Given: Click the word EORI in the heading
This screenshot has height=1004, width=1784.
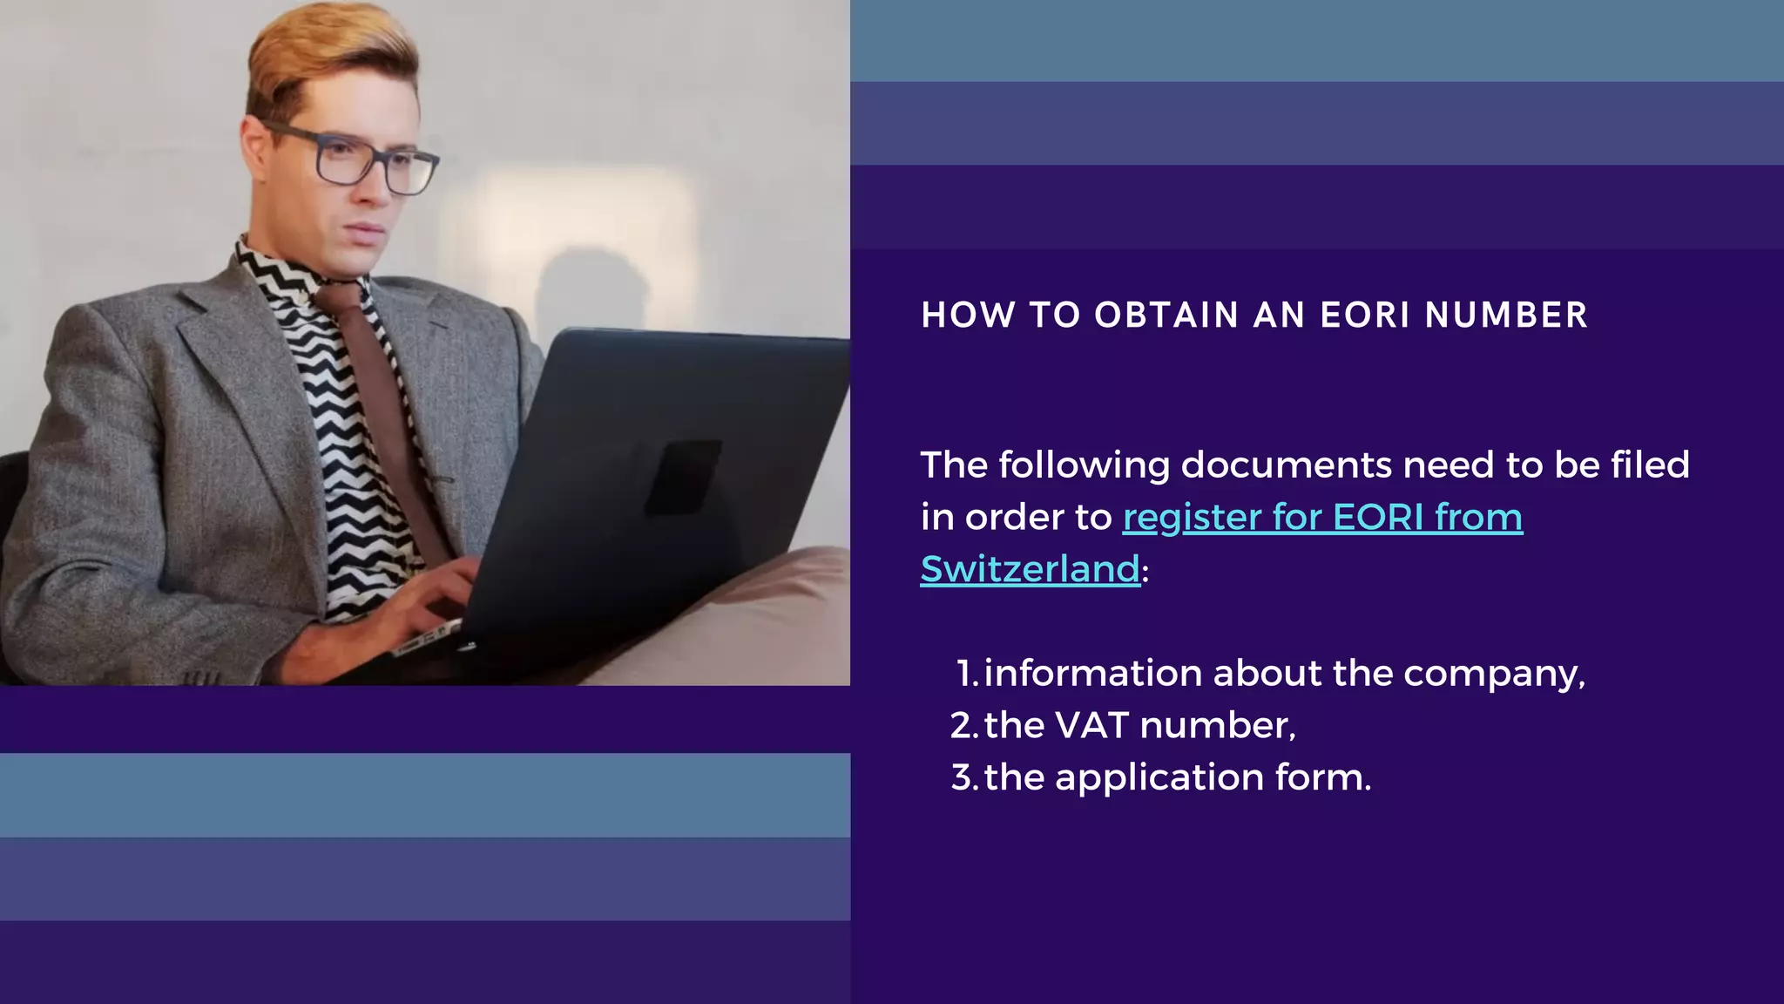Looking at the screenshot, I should tap(1365, 315).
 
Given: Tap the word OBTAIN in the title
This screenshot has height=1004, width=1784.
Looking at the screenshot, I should tap(1166, 315).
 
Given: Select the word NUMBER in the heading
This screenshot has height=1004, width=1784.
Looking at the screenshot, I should tap(1506, 315).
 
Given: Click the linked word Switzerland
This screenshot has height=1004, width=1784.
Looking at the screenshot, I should tap(1030, 569).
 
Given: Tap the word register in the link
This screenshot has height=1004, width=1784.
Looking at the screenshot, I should tap(1192, 518).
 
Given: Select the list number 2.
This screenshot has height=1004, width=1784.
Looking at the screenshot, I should tap(962, 725).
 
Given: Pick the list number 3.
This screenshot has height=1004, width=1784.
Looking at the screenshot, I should tap(962, 777).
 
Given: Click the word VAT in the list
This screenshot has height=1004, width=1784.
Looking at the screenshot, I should tap(1091, 725).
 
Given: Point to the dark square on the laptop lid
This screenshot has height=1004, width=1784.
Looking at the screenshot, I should tap(683, 477).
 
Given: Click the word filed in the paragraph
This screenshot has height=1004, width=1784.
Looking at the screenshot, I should tap(1650, 465).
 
